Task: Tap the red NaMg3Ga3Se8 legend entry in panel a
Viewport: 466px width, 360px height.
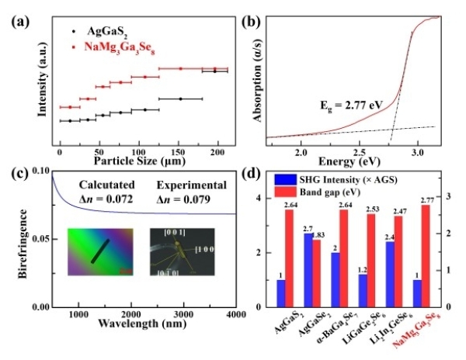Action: point(116,47)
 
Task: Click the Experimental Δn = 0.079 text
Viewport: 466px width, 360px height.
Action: point(192,194)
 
